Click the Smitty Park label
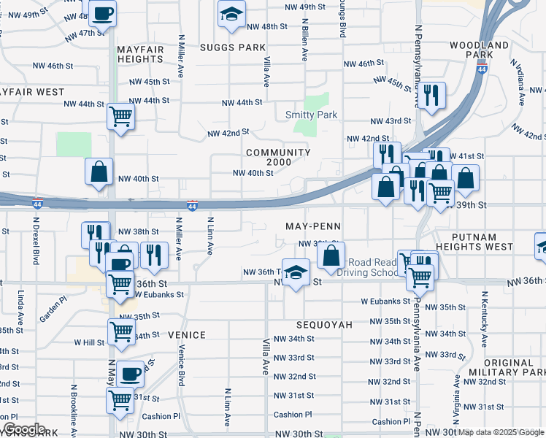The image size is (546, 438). [x=311, y=115]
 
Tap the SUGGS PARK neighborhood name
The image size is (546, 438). [x=233, y=47]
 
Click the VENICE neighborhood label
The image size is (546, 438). [x=187, y=334]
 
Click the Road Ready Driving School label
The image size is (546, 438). [x=372, y=267]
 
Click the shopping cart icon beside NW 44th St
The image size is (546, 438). [x=120, y=115]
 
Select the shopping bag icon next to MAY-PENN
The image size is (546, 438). [x=331, y=255]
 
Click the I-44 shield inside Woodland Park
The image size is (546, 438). [x=482, y=69]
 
